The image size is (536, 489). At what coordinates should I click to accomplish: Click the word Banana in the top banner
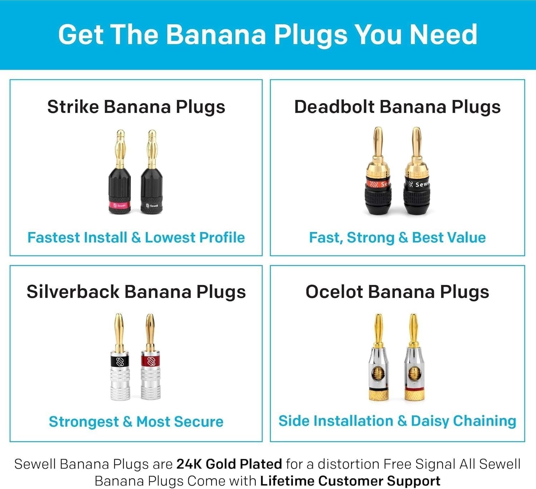(216, 35)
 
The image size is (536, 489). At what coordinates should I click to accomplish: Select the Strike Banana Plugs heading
(136, 107)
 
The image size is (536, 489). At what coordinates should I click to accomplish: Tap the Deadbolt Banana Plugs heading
(397, 107)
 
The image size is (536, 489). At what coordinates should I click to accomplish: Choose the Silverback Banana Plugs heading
(136, 292)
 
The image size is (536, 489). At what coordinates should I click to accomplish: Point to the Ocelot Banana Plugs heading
(397, 292)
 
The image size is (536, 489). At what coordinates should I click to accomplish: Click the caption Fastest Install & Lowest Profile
(136, 237)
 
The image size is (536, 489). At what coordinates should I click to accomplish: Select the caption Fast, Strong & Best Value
(397, 237)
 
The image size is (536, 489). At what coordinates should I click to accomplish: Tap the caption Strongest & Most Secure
(136, 422)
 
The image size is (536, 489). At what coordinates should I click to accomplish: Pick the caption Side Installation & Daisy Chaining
(397, 421)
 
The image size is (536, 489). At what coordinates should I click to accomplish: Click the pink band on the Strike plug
(119, 206)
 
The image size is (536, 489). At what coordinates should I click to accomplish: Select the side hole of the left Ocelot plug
(378, 375)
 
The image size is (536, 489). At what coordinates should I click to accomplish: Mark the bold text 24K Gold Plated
(229, 464)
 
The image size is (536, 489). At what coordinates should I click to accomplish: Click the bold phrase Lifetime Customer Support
(350, 481)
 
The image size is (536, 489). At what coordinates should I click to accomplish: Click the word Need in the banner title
(443, 35)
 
